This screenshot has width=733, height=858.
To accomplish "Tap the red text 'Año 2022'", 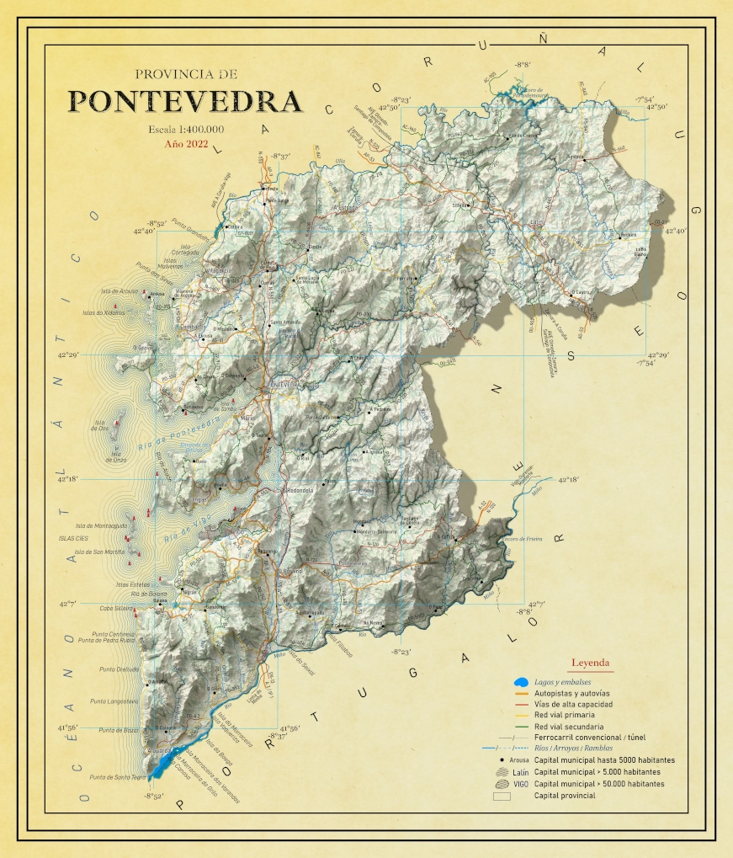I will click(185, 144).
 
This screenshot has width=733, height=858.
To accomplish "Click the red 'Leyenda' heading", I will click(590, 663).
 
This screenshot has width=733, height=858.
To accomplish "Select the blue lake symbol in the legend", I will click(522, 681).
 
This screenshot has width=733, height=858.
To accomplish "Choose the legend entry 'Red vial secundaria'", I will click(568, 726).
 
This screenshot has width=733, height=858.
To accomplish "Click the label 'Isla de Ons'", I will click(104, 424).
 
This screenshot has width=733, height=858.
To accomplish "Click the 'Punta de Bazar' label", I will click(117, 730).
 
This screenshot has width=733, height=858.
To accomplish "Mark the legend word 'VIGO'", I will click(521, 783).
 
